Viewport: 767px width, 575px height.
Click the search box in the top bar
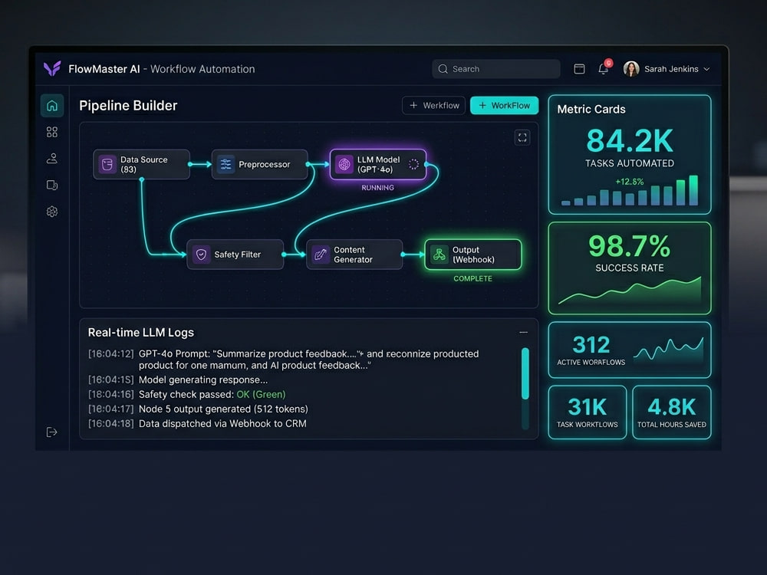496,69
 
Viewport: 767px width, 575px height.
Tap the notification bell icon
604,69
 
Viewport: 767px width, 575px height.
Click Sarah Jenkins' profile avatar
631,69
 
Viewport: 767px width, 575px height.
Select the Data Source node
141,164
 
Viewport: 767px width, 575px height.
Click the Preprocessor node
260,164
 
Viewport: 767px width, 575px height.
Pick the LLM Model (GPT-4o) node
378,164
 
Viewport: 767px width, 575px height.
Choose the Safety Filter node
235,255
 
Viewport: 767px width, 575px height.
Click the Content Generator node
354,255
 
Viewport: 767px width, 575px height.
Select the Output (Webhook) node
473,255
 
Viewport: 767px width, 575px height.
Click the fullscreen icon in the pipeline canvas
522,137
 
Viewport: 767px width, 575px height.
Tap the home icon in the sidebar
52,106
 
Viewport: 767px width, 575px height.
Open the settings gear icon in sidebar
52,212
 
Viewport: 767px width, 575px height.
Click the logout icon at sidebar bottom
52,432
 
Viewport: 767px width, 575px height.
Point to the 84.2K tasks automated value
630,141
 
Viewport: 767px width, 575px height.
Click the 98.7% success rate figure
630,245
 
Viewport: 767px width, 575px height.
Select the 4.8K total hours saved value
672,407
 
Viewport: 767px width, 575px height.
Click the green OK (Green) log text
261,394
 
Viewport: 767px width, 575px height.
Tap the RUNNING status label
377,188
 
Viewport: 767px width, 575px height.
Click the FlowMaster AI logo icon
52,68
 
